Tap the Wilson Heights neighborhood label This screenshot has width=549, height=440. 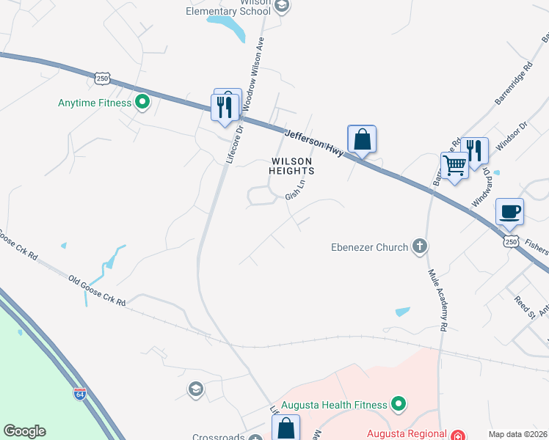pyautogui.click(x=292, y=166)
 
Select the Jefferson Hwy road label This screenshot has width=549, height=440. pyautogui.click(x=313, y=143)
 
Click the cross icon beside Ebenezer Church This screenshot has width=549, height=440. pyautogui.click(x=420, y=246)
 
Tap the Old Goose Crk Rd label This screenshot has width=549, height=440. pyautogui.click(x=97, y=291)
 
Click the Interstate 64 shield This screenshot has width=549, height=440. pyautogui.click(x=80, y=394)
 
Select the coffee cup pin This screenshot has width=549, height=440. pyautogui.click(x=510, y=212)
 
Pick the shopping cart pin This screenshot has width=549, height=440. pyautogui.click(x=455, y=166)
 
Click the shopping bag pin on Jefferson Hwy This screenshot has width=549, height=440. pyautogui.click(x=362, y=139)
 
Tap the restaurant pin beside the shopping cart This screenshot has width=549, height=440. pyautogui.click(x=475, y=151)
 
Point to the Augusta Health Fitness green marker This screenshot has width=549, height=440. pyautogui.click(x=398, y=404)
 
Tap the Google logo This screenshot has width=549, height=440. pyautogui.click(x=24, y=431)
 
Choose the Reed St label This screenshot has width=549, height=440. pyautogui.click(x=523, y=304)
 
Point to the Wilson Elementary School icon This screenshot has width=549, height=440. pyautogui.click(x=282, y=6)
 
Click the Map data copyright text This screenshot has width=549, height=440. pyautogui.click(x=518, y=434)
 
